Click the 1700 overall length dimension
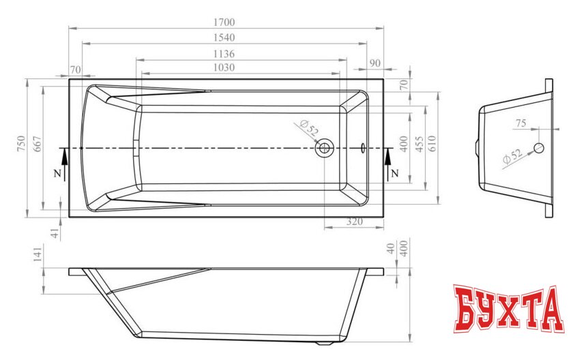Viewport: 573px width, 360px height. click(224, 22)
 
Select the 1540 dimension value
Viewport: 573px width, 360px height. click(224, 37)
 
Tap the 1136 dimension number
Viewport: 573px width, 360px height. click(224, 54)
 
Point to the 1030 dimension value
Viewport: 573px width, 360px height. click(224, 67)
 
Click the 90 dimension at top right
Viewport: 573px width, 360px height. click(375, 63)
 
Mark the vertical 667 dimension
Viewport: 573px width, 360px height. click(38, 144)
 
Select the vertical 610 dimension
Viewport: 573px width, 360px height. click(432, 144)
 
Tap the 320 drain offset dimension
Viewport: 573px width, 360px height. click(355, 222)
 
